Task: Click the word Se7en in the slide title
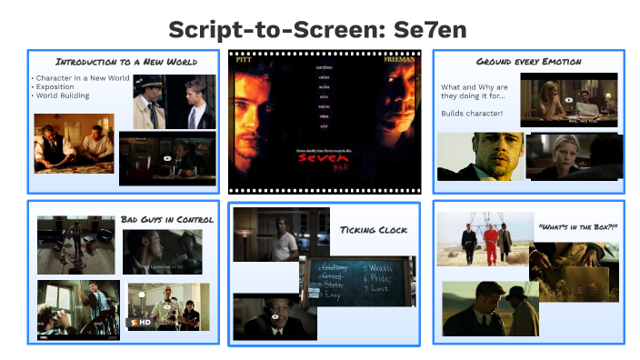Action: point(430,29)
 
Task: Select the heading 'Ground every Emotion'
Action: point(528,62)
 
